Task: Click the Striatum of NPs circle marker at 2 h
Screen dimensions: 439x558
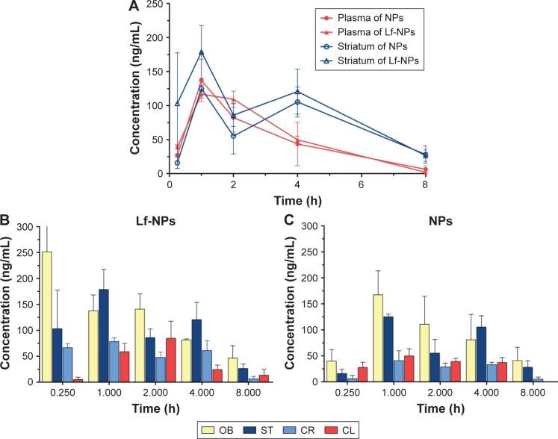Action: tap(234, 136)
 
